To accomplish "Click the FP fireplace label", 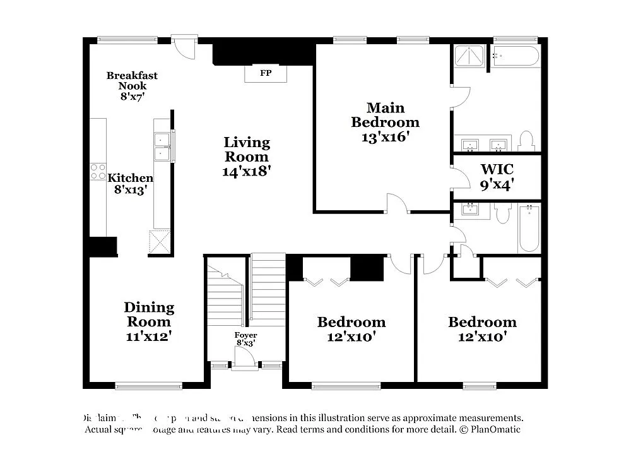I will click(x=266, y=73).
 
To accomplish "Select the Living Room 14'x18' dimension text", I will click(x=247, y=170).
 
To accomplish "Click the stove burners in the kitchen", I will click(x=98, y=171).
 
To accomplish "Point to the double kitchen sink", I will click(x=162, y=146).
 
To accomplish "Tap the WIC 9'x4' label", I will click(x=497, y=177).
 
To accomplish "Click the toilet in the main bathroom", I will click(x=526, y=141).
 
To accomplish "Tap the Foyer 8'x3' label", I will click(x=245, y=339).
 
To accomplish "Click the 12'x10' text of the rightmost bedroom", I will click(x=483, y=337).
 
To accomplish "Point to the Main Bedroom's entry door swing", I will click(x=397, y=203).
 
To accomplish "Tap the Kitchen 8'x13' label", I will click(x=130, y=184).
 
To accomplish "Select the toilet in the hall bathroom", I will click(x=502, y=213).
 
